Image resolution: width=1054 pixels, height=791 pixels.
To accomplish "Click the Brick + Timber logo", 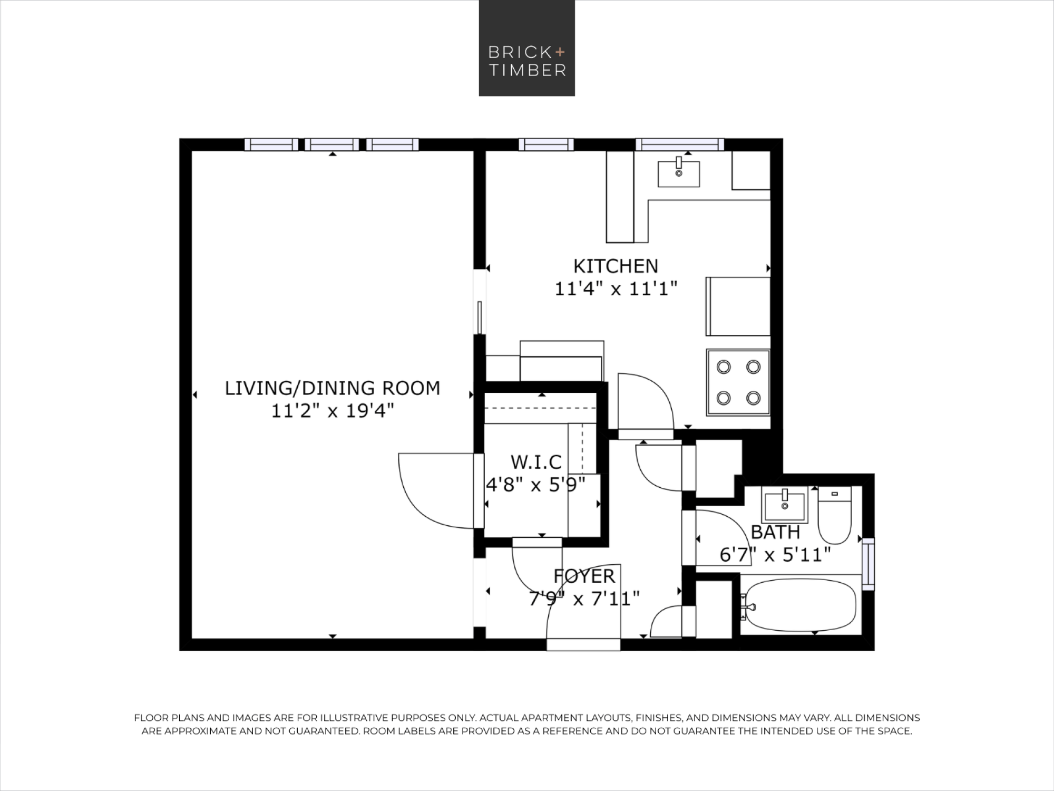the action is point(526,48).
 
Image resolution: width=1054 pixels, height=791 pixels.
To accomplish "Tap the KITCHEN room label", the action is point(616,266).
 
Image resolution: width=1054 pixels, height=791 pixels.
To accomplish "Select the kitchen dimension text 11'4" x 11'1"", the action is point(616,289).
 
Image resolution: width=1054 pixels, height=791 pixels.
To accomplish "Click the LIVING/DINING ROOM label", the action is point(332,388).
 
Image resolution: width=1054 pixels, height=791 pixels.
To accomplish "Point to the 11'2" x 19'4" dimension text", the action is point(332,410).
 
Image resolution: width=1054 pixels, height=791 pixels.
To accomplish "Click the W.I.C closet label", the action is point(536,462).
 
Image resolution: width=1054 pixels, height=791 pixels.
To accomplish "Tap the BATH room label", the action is point(775,532).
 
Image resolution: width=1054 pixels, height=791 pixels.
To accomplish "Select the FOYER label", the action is point(584,576).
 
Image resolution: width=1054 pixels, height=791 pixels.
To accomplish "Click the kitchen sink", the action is point(679,173).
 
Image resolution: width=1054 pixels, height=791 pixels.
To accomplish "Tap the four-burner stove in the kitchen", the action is point(738,382).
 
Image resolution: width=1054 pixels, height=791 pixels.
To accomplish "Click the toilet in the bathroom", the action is point(834,515).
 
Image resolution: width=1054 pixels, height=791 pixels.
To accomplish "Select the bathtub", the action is point(801,604).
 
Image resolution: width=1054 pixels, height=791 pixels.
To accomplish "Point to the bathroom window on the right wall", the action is point(868,564).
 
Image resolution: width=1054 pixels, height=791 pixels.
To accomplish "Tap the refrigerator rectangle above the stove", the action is point(738,306).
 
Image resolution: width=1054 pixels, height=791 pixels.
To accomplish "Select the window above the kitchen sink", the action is point(680,144).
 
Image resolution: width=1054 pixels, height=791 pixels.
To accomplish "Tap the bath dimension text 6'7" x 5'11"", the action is point(775,555).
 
